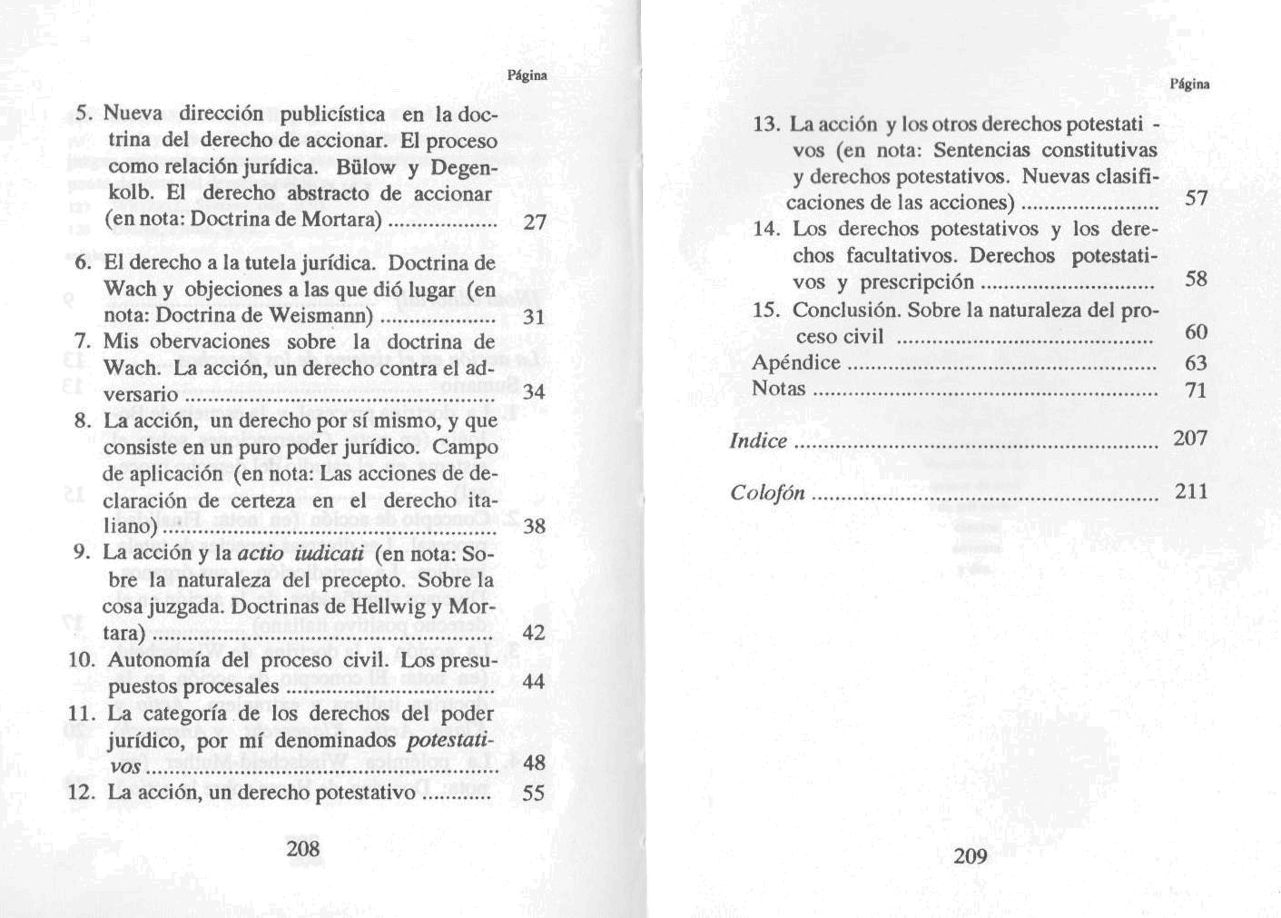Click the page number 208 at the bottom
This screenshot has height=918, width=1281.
point(303,848)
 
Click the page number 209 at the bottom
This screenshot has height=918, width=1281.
point(970,855)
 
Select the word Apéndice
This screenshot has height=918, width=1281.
point(796,363)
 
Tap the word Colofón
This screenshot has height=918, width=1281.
point(767,492)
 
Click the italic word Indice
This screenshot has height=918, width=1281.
point(758,441)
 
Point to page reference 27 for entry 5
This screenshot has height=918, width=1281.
point(535,222)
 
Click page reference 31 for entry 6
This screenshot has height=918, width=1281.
point(535,318)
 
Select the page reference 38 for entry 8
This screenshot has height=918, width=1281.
point(535,527)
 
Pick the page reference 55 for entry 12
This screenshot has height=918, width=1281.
point(535,793)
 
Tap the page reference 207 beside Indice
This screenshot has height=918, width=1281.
point(1190,439)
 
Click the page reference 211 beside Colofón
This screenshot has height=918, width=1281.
point(1191,491)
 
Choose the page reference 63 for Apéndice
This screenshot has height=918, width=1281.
point(1197,363)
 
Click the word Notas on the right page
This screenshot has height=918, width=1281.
point(779,389)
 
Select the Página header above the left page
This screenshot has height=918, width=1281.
point(527,75)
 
